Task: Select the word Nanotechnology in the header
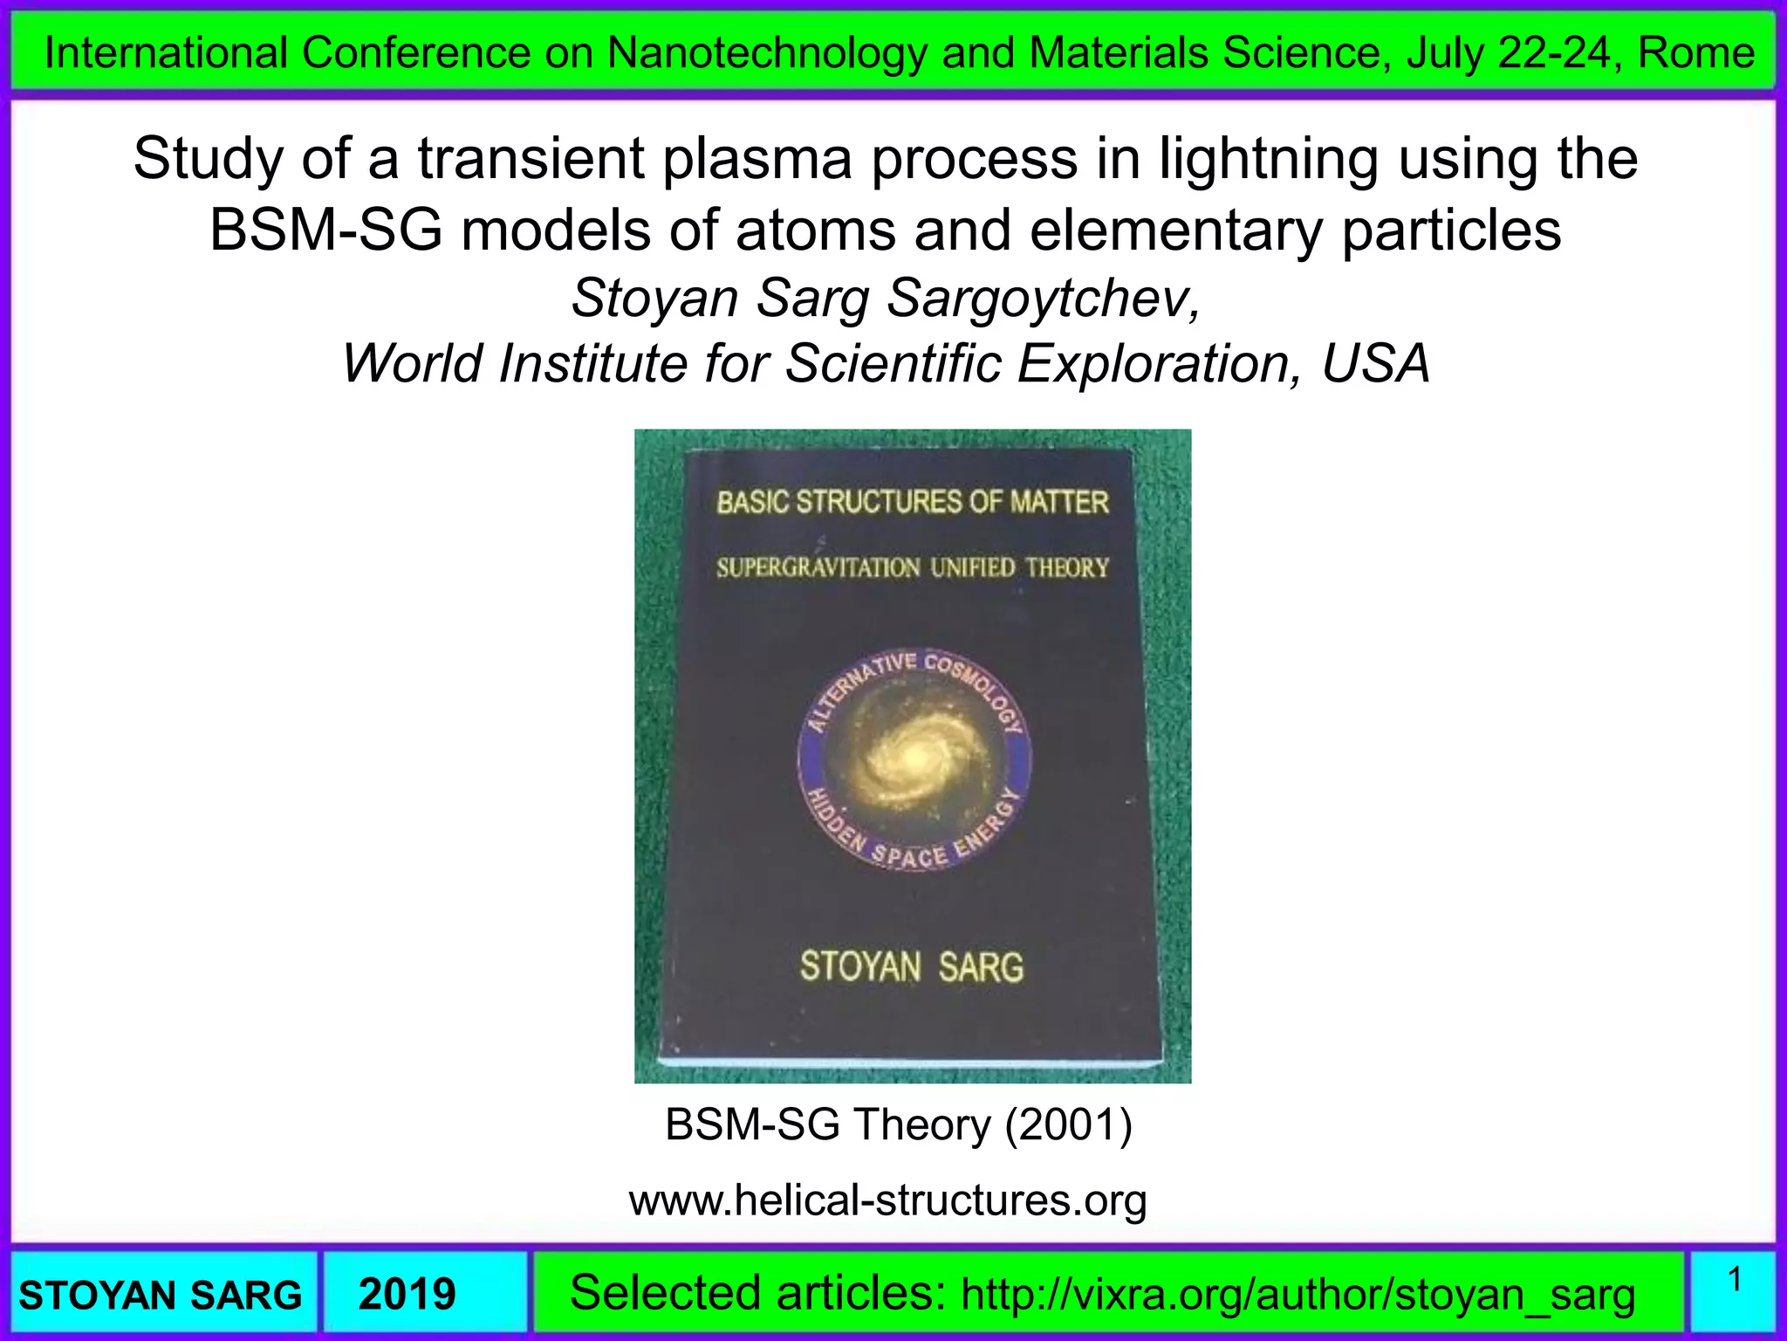(767, 53)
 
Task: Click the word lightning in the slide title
(1269, 160)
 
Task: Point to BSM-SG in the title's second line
(325, 231)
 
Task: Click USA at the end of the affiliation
(1376, 363)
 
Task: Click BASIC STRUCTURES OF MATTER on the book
(913, 502)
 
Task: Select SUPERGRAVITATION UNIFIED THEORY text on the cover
(913, 568)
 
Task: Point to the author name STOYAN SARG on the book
(912, 967)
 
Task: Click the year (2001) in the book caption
(1068, 1124)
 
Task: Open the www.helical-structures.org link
(887, 1200)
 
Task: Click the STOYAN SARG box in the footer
(161, 1295)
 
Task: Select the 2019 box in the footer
(407, 1294)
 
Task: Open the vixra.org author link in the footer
(1297, 1295)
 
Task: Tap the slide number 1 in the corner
(1735, 1281)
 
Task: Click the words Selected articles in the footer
(757, 1293)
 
